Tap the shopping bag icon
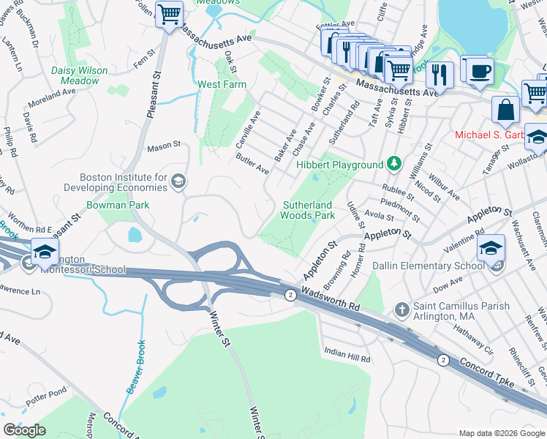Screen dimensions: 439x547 pyautogui.click(x=505, y=110)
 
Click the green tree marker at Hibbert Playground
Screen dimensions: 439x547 pyautogui.click(x=394, y=163)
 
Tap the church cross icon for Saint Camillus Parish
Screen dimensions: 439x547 pyautogui.click(x=401, y=310)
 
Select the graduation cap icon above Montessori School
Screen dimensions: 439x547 pyautogui.click(x=45, y=252)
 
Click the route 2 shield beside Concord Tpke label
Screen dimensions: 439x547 pyautogui.click(x=442, y=360)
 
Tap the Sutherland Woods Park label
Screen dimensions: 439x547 pyautogui.click(x=308, y=210)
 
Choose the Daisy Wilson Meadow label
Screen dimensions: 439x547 pyautogui.click(x=80, y=75)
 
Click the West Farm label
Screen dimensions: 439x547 pyautogui.click(x=222, y=84)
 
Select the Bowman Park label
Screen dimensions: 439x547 pyautogui.click(x=118, y=205)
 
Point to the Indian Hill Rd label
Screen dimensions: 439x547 pyautogui.click(x=347, y=359)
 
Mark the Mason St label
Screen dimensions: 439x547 pyautogui.click(x=163, y=146)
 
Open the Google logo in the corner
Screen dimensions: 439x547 pyautogui.click(x=25, y=430)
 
